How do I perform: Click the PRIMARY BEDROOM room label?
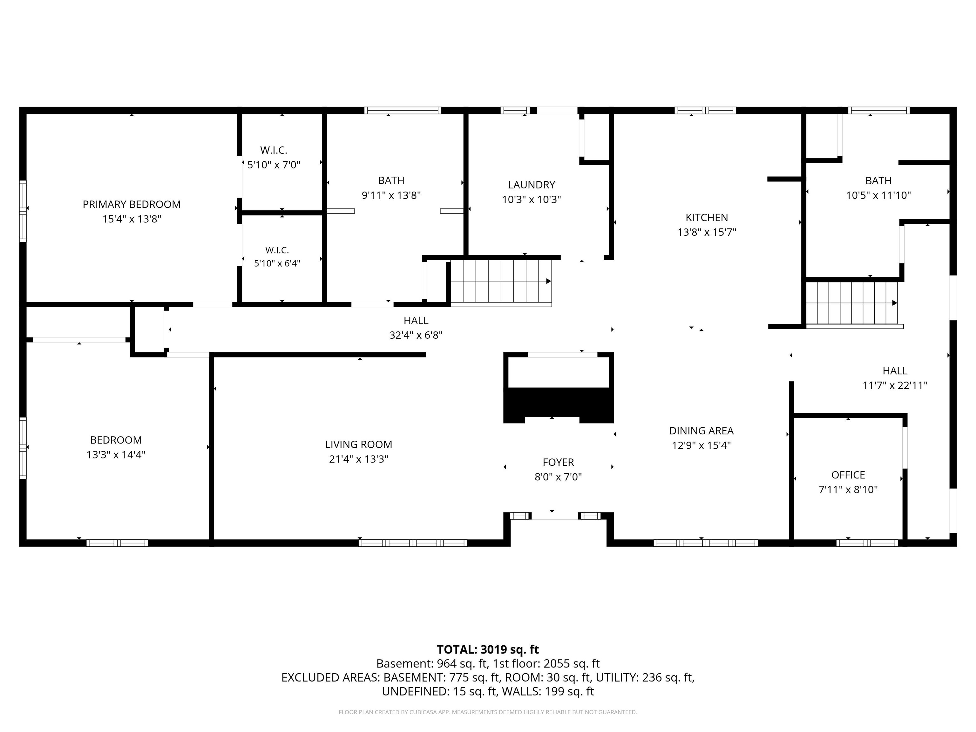[x=132, y=204]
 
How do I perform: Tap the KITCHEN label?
[x=706, y=218]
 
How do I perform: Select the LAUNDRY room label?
[x=531, y=185]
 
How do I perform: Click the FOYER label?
[x=558, y=462]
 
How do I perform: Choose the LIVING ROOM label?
[x=358, y=444]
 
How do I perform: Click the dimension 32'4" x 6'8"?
[x=416, y=335]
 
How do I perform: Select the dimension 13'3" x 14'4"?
[x=116, y=454]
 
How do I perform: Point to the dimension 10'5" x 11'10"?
[x=878, y=195]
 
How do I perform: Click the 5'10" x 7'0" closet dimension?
[x=274, y=165]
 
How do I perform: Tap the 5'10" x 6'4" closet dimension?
[x=277, y=263]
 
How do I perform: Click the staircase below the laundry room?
[x=501, y=282]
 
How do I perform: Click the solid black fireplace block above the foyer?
[x=558, y=405]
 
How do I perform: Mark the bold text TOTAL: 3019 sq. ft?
[x=488, y=649]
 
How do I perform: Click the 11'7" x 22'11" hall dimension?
[x=895, y=385]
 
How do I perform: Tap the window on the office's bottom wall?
[x=867, y=543]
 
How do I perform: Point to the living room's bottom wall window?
[x=413, y=543]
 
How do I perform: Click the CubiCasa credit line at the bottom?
[x=488, y=712]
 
